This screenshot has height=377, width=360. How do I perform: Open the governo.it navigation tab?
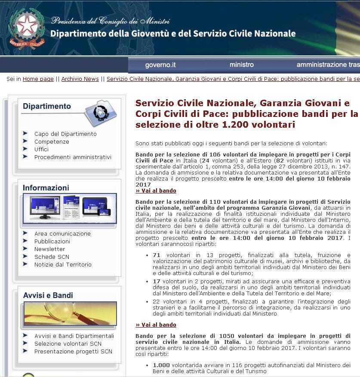coord(160,65)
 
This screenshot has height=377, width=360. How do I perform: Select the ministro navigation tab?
coord(242,65)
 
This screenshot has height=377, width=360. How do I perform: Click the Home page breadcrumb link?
coord(38,79)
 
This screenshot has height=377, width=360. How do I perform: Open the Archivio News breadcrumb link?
coord(80,79)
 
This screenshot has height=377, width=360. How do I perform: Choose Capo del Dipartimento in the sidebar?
coord(65,134)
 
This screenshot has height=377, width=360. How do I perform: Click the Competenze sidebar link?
coord(52,142)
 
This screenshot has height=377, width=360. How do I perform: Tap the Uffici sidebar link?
coord(42,150)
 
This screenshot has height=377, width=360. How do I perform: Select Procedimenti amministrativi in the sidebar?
coord(73,157)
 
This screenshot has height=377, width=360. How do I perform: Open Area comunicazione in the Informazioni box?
coord(62,234)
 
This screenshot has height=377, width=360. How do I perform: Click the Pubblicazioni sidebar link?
coord(52,242)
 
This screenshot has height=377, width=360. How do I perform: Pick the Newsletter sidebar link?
coord(50,249)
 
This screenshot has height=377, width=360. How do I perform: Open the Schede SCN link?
coord(52,257)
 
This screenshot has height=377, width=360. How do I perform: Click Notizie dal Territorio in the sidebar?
coord(63,265)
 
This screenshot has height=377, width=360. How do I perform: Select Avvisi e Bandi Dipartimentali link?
coord(74,336)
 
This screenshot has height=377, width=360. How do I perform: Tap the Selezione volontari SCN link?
coord(68,344)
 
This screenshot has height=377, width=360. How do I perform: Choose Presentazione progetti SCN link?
coord(73,352)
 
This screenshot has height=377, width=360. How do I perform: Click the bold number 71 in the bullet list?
coord(157,255)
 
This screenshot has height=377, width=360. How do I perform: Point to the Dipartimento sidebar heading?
coord(47,106)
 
